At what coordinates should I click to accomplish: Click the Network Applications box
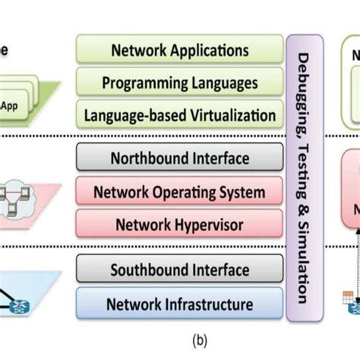[180, 51]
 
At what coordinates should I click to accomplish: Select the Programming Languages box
[180, 83]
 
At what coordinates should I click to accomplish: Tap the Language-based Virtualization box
[180, 115]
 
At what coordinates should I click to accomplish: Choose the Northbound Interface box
[180, 159]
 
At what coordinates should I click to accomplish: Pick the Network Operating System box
[180, 191]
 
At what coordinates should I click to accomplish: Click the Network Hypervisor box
[180, 224]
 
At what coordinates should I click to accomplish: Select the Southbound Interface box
[180, 270]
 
